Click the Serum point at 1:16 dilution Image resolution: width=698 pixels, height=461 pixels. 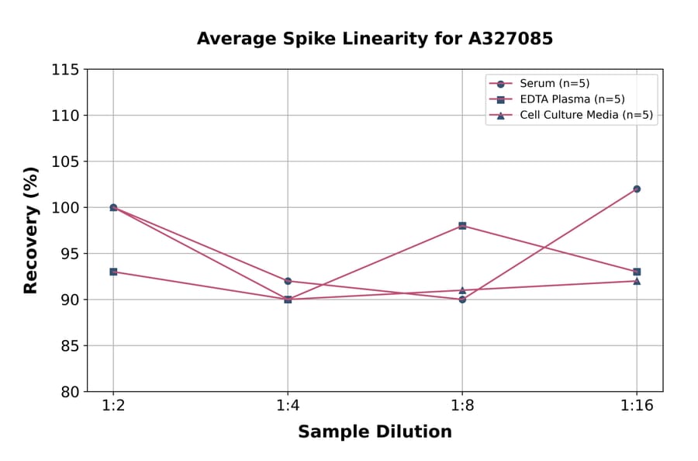637,189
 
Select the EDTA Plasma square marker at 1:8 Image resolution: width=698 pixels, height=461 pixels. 462,226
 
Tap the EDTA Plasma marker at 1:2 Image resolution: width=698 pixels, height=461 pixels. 113,272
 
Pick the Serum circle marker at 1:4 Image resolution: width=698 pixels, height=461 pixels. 288,281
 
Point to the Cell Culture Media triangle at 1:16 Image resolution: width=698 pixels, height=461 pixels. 637,281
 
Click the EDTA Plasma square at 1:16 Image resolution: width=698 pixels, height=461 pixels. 637,272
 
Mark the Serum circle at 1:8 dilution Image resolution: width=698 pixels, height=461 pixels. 462,300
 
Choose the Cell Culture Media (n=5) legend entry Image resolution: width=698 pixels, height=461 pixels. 586,115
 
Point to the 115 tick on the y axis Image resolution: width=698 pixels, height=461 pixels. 65,70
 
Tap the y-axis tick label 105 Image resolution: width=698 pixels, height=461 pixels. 65,161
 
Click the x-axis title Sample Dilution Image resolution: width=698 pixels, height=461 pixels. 375,432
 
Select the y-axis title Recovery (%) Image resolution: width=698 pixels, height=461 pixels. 30,230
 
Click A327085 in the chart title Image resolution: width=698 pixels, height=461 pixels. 505,39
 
